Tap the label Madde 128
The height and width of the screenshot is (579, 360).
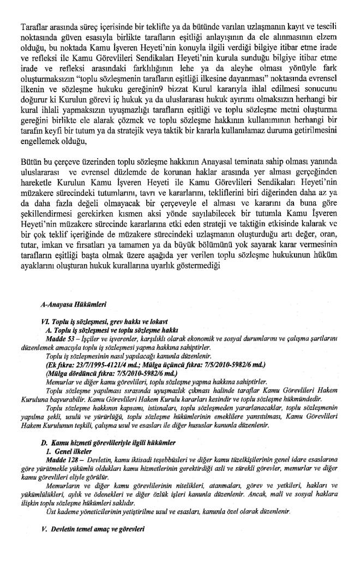58,461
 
